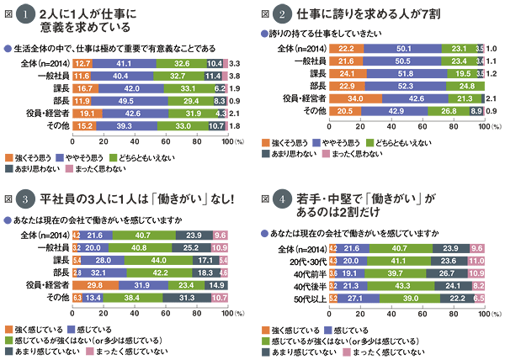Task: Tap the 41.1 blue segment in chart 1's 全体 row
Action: (124, 63)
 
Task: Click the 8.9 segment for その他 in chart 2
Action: (476, 110)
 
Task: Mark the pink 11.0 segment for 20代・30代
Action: (477, 262)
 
